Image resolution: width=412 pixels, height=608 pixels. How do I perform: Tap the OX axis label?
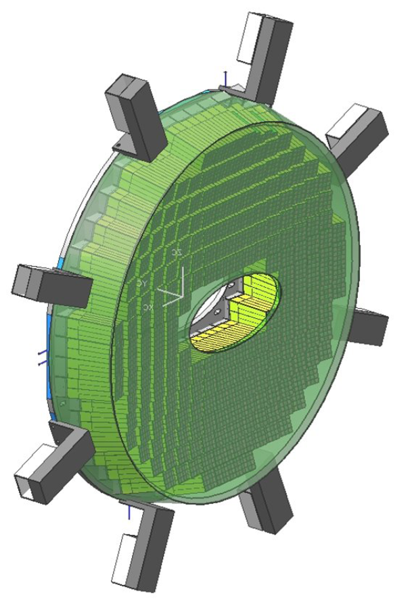click(148, 307)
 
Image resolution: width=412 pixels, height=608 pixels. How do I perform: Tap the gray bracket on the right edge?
click(368, 327)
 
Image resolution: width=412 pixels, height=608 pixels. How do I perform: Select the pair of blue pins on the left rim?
click(42, 357)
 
